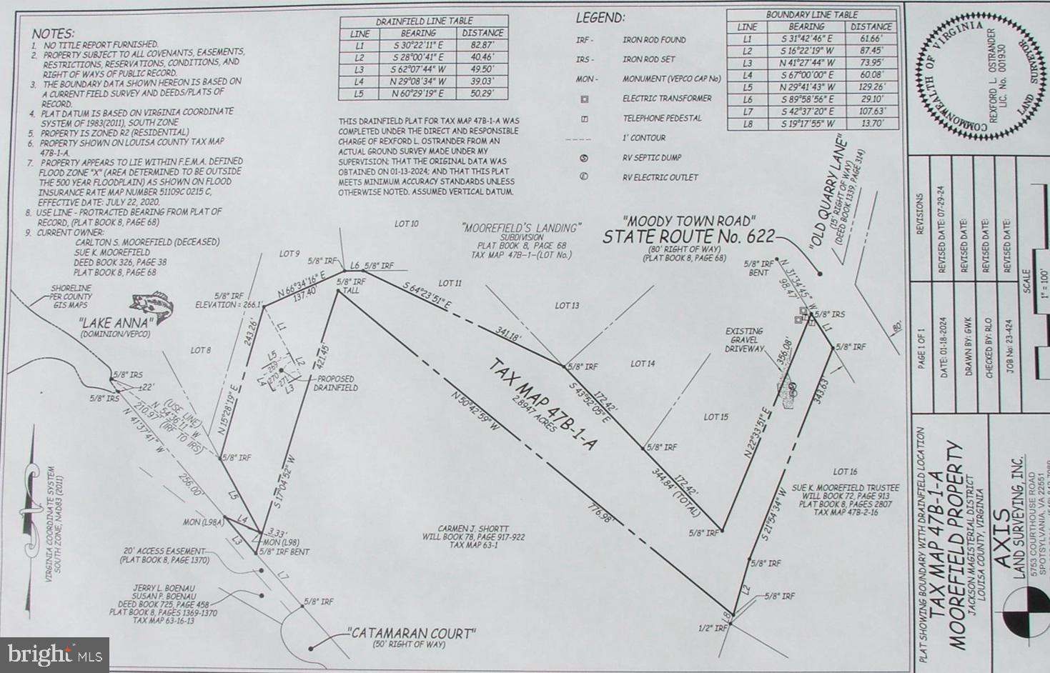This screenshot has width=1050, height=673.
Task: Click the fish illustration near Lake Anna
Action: (152, 305)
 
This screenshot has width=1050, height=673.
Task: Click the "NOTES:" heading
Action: (53, 34)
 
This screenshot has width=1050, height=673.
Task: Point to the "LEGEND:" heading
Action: (600, 17)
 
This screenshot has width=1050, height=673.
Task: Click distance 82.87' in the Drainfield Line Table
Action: (482, 45)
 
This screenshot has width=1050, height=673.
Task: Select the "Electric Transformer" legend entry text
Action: (666, 99)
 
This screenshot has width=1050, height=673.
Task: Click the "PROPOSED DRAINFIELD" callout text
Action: (336, 384)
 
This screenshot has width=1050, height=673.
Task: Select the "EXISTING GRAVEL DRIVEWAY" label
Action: (744, 340)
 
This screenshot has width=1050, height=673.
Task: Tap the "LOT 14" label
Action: (643, 364)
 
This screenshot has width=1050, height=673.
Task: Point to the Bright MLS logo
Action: (54, 654)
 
